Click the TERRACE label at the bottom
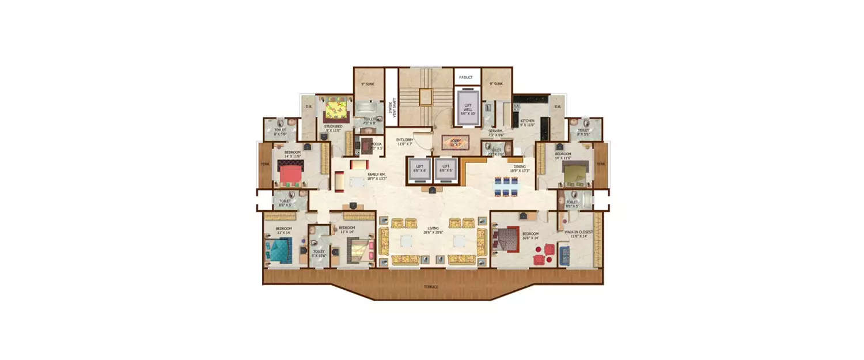[x=431, y=286]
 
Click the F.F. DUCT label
[x=466, y=76]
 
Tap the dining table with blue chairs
[x=505, y=186]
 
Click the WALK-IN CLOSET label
[x=578, y=233]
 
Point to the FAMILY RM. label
[x=377, y=176]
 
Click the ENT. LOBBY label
[x=404, y=141]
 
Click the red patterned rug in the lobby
[x=456, y=142]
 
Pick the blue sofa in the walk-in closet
[x=564, y=255]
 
